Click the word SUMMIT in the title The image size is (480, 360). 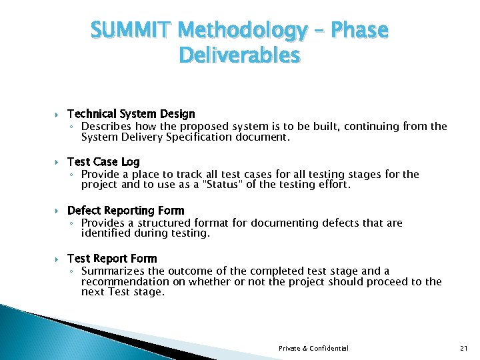pos(131,31)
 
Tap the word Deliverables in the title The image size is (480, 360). pos(239,55)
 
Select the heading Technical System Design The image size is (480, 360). pos(131,114)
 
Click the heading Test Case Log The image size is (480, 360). pos(103,162)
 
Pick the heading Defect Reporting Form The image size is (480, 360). pos(125,211)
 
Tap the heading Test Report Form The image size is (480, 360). pos(112,259)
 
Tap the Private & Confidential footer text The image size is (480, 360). pos(313,348)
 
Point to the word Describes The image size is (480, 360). pos(107,126)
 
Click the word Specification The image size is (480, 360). pos(197,137)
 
